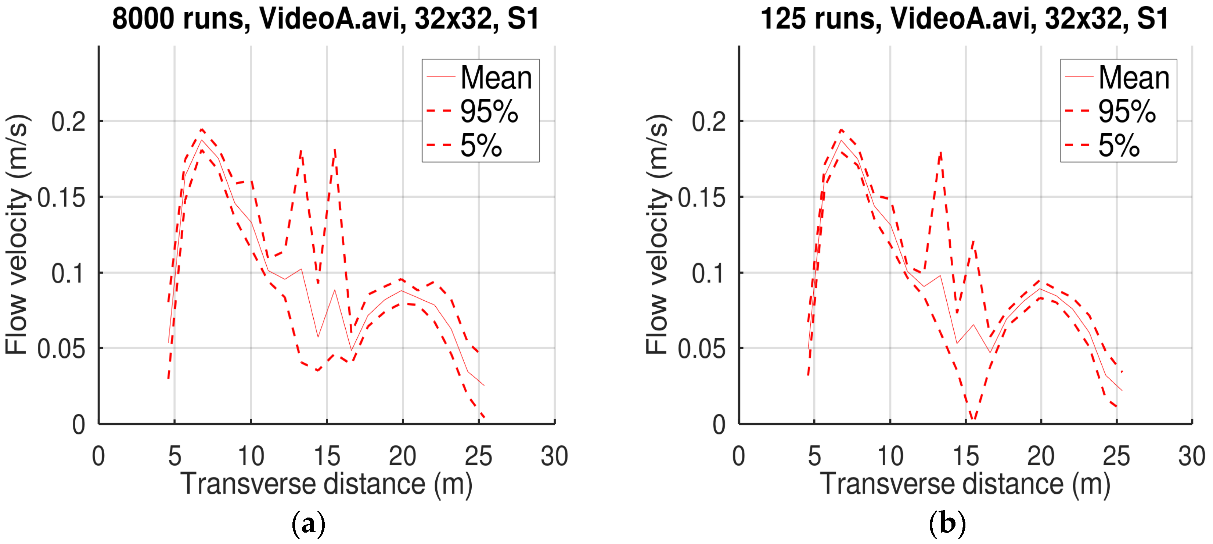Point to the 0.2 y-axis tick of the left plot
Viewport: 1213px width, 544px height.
69,122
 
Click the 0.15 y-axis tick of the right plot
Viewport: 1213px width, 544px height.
702,198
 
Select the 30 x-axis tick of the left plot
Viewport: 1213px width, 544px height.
554,456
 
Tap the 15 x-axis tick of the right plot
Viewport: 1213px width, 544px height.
965,456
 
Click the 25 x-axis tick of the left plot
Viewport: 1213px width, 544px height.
478,456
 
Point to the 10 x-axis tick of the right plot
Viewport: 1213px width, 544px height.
890,456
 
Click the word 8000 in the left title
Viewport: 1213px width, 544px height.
143,19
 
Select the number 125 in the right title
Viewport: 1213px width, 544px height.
782,19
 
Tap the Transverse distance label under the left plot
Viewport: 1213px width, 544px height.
326,484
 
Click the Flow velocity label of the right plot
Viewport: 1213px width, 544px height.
658,234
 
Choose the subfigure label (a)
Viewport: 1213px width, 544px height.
309,523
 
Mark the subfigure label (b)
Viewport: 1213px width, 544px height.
947,523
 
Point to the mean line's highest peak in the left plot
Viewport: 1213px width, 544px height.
202,140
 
